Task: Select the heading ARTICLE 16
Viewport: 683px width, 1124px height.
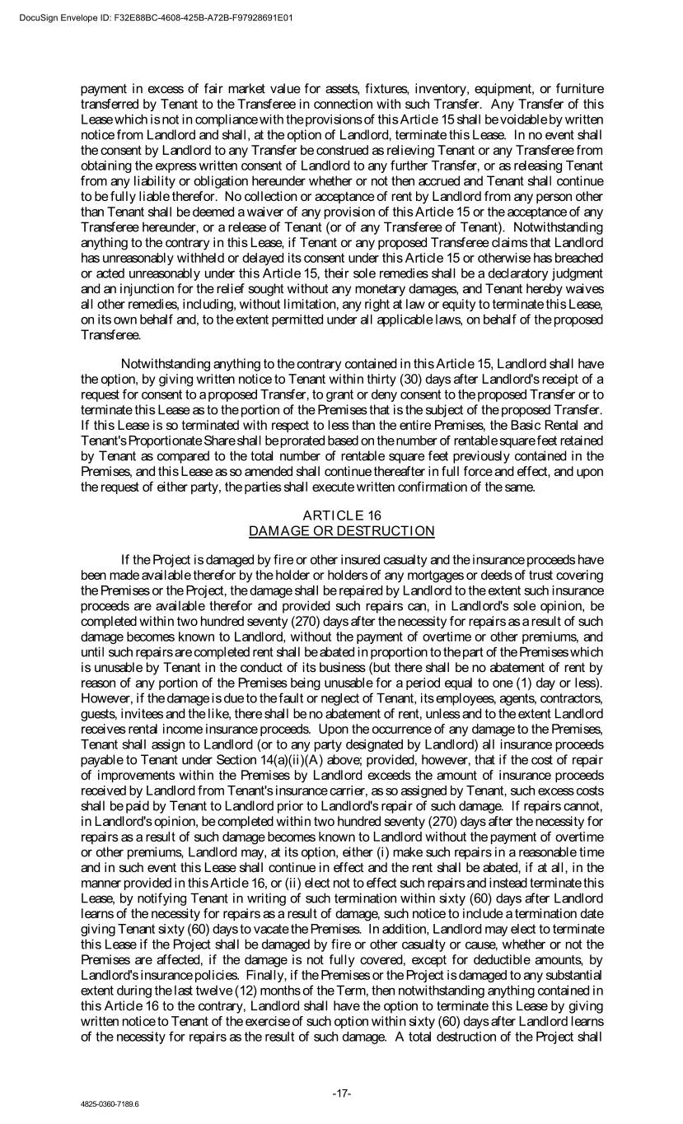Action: (x=341, y=515)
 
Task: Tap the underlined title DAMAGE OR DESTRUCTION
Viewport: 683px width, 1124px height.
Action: (x=341, y=530)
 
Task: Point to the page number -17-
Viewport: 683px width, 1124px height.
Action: (x=342, y=1093)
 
